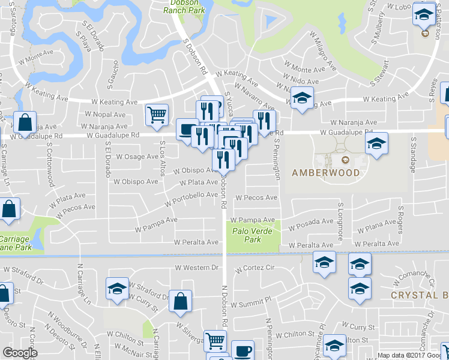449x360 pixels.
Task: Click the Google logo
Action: pyautogui.click(x=20, y=353)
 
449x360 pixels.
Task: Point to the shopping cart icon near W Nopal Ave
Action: pyautogui.click(x=157, y=114)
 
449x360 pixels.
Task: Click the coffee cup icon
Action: pyautogui.click(x=243, y=350)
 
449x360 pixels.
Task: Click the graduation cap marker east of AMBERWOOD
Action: pyautogui.click(x=376, y=143)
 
